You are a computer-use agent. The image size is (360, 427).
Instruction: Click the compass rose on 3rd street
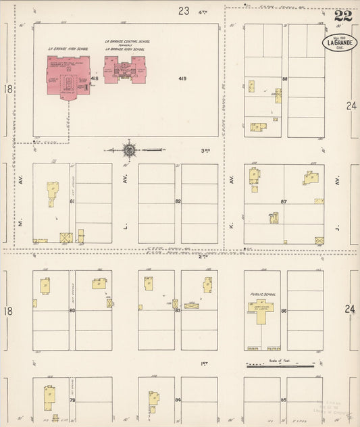point(130,149)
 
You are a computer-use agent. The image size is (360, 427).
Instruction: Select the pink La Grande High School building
point(68,79)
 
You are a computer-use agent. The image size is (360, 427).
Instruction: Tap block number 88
point(285,80)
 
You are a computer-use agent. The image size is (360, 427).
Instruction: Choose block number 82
point(178,201)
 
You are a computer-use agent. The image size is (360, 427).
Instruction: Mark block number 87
point(284,201)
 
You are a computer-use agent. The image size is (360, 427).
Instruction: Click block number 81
point(72,201)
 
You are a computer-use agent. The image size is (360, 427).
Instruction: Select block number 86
point(284,310)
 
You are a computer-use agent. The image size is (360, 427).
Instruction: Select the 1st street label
point(203,364)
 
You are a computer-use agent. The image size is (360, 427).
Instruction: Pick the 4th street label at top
point(202,11)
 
